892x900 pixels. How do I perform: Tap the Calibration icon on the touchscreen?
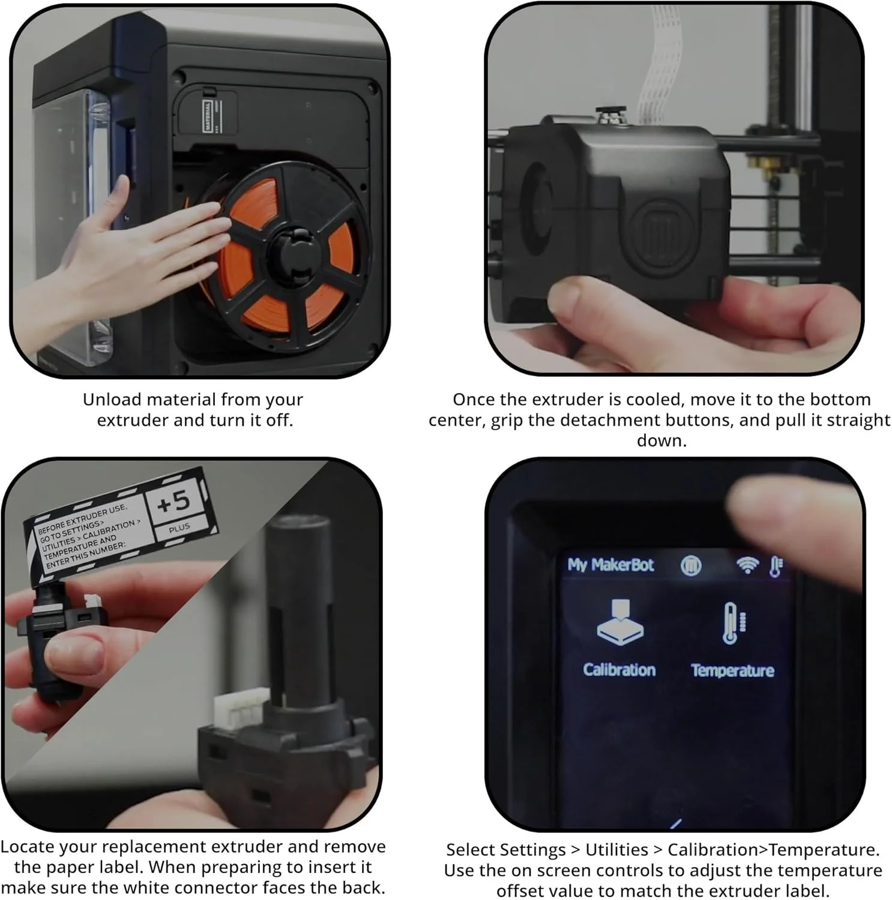point(620,622)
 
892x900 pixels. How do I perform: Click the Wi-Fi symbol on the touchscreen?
point(747,565)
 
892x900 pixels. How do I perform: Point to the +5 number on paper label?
point(173,502)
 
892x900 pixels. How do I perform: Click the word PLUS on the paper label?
point(179,528)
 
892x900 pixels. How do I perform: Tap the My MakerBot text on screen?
point(610,565)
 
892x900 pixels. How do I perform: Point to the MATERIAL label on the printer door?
point(207,116)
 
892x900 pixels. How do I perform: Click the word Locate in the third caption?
point(29,847)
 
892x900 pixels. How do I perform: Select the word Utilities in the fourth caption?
point(616,850)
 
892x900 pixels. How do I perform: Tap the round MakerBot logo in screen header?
point(691,565)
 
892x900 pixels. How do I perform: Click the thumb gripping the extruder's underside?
point(582,305)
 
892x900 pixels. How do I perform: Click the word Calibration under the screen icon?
point(619,670)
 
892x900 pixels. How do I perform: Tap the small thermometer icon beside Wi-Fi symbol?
point(776,565)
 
